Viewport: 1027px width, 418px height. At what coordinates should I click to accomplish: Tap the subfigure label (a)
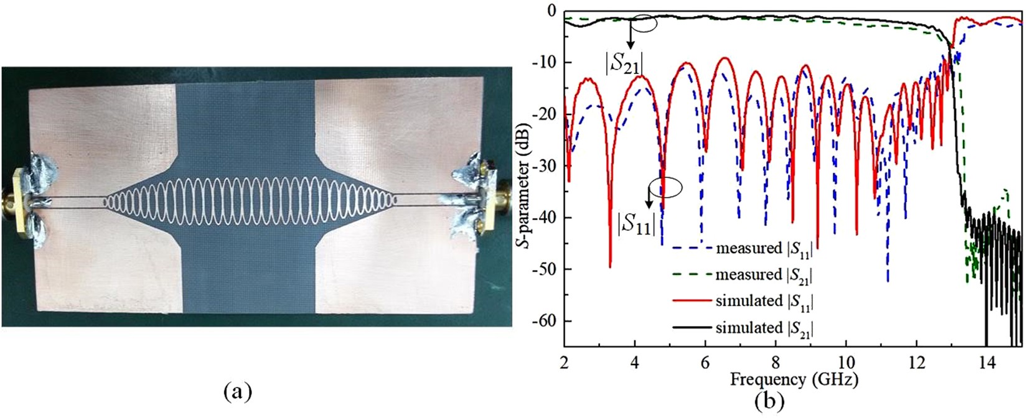click(x=237, y=392)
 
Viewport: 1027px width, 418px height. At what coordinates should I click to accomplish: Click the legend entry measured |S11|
click(x=764, y=248)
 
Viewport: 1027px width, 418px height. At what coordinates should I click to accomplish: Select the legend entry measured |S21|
click(x=764, y=274)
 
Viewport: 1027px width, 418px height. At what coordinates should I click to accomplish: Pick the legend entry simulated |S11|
click(x=764, y=301)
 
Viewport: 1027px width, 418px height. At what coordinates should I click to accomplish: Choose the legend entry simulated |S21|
click(x=764, y=328)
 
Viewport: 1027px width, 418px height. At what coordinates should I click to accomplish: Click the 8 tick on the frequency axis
click(x=775, y=361)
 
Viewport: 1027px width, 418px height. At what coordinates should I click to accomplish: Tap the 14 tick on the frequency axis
click(x=986, y=361)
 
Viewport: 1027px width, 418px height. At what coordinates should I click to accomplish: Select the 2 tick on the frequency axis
click(x=564, y=361)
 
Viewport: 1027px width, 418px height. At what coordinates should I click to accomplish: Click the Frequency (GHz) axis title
click(x=794, y=378)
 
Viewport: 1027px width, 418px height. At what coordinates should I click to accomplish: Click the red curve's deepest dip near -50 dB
click(x=610, y=266)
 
